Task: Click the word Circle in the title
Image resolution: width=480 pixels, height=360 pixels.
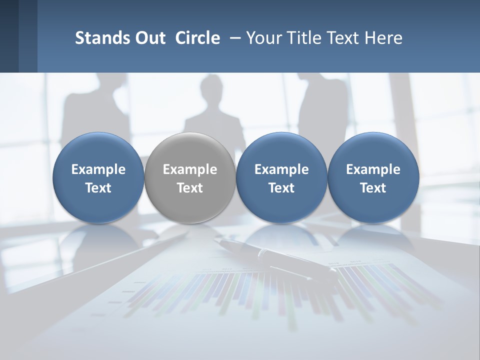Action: tap(197, 38)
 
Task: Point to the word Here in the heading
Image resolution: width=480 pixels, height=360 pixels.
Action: tap(382, 38)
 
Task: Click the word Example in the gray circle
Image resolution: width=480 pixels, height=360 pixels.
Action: tap(189, 169)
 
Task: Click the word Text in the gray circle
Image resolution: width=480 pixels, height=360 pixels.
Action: tap(189, 188)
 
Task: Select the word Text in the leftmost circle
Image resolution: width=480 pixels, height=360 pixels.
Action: tap(98, 188)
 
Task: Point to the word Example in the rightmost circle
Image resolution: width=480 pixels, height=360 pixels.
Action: tap(373, 169)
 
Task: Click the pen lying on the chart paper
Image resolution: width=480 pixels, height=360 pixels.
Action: tap(280, 257)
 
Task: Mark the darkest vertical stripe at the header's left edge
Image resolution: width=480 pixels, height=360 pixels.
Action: tap(9, 36)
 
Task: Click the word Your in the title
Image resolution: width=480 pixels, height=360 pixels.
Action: tap(262, 38)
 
